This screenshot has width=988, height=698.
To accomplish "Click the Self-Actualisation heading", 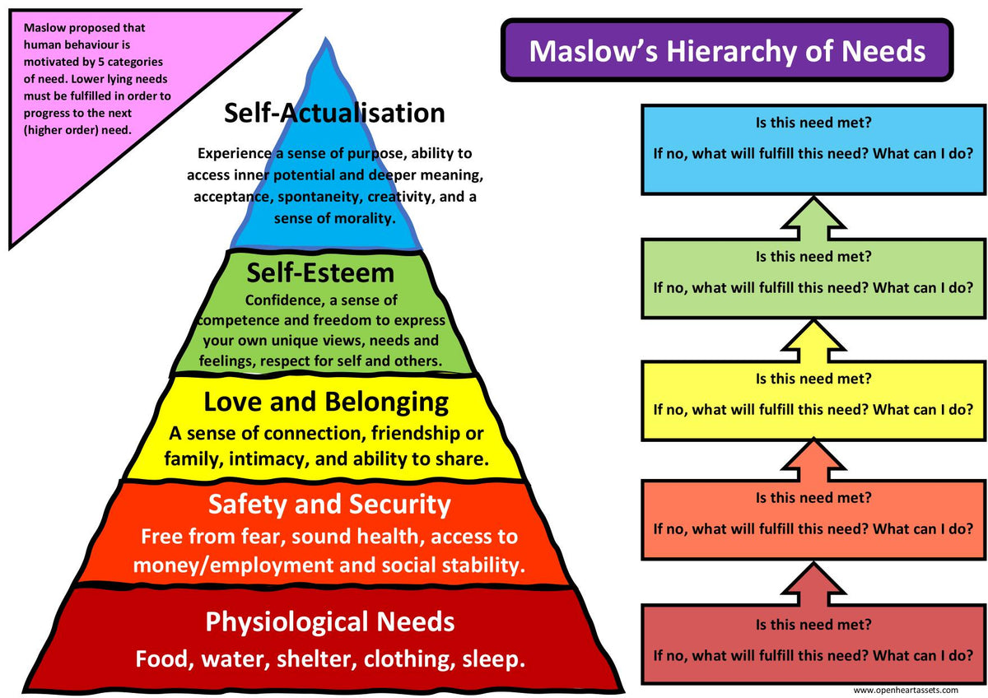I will tap(334, 113).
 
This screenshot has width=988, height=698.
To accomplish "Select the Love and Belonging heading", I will tap(326, 403).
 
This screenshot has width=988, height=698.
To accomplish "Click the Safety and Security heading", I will tap(329, 504).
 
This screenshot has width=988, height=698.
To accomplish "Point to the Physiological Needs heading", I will tap(329, 621).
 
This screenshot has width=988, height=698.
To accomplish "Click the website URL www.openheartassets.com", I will tap(905, 690).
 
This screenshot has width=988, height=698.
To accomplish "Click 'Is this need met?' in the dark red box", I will tap(813, 625).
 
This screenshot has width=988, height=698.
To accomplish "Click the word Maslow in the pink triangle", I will tap(44, 27).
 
